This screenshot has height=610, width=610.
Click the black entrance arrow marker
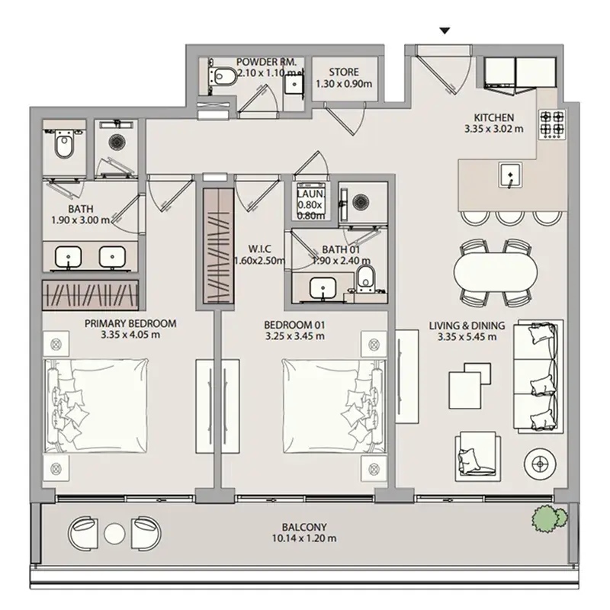click(x=445, y=30)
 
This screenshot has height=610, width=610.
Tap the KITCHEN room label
click(x=493, y=117)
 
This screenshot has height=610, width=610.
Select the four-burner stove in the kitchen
click(x=552, y=124)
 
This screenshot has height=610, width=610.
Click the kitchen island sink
click(x=510, y=175)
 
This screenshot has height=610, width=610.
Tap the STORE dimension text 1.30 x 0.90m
click(x=344, y=84)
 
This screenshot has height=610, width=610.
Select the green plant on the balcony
click(x=549, y=518)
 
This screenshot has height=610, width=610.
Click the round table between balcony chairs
click(x=114, y=533)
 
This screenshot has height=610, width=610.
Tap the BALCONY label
click(x=304, y=527)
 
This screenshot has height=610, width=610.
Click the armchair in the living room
click(x=478, y=456)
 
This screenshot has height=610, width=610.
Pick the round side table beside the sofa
click(x=540, y=464)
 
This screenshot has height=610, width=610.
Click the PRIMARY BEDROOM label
click(x=130, y=323)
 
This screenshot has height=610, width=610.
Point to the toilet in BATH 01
click(x=365, y=278)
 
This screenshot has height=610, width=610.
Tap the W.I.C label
click(x=259, y=249)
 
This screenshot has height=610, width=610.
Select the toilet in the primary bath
click(x=64, y=145)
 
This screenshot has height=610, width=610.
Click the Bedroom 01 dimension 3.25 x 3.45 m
click(x=295, y=336)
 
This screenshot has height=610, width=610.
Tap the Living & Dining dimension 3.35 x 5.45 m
click(x=467, y=337)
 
